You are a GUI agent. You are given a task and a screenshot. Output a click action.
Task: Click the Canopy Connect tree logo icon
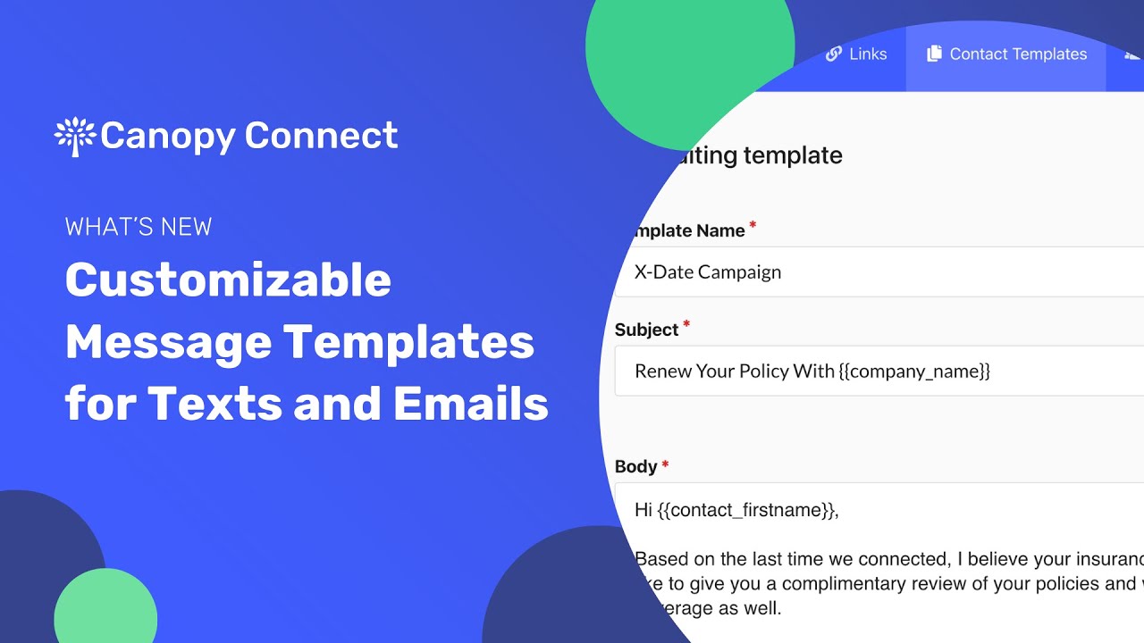pos(75,136)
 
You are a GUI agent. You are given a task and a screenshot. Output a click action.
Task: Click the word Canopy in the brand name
pos(166,136)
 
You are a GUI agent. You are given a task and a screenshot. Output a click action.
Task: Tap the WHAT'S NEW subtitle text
pos(139,227)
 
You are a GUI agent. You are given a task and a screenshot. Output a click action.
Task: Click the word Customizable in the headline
pos(228,280)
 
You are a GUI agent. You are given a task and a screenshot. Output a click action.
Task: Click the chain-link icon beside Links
pos(834,54)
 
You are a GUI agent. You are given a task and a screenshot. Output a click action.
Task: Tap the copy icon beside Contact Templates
pos(934,54)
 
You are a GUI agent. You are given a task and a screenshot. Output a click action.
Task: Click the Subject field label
pos(646,330)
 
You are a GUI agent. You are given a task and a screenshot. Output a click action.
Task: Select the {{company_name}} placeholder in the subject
pos(915,372)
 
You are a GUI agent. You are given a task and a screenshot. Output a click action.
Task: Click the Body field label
pos(635,466)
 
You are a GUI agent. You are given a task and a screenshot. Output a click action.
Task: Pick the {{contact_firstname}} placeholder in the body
pos(747,510)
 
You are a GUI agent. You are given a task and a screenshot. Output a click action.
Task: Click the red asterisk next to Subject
pos(686,326)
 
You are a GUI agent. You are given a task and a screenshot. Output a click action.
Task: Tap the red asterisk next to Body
pos(665,464)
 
